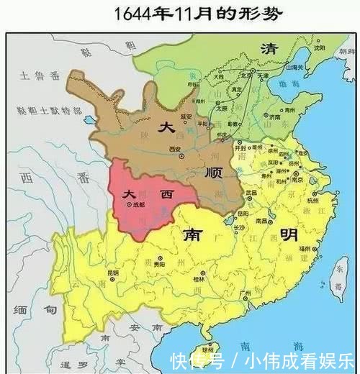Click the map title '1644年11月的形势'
181,14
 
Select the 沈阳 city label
319,48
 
